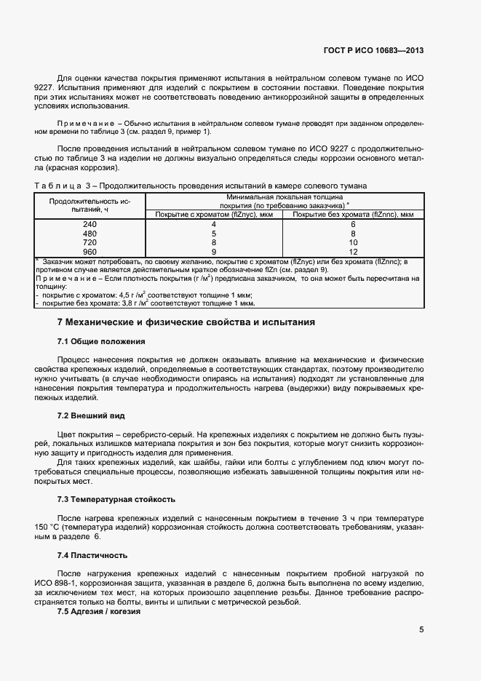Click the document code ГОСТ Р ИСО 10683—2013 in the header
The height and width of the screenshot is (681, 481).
point(373,51)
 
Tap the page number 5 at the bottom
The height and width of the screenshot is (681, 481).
point(421,630)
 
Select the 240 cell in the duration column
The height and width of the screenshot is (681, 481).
point(90,225)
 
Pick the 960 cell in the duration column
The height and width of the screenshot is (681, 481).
point(90,251)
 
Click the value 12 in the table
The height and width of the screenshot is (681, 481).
point(353,251)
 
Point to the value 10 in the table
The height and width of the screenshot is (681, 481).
point(353,242)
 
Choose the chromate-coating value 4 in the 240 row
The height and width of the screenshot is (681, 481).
point(213,225)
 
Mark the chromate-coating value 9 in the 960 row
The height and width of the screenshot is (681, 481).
point(213,251)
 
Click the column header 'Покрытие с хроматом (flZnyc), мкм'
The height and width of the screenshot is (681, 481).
point(213,215)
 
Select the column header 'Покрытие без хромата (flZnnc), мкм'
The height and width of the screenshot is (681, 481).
point(353,215)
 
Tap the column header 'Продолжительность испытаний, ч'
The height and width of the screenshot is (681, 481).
point(90,204)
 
